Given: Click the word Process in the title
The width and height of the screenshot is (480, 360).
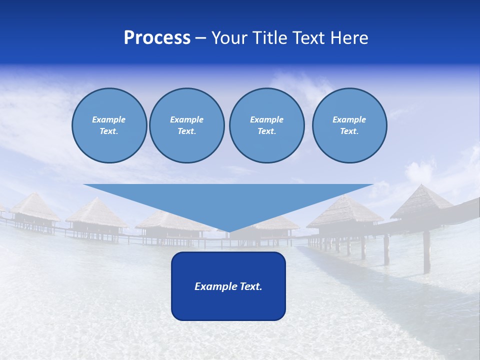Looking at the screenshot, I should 157,38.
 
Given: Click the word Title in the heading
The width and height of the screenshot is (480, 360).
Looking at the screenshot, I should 269,38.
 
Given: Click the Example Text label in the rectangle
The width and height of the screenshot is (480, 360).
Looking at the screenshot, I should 228,286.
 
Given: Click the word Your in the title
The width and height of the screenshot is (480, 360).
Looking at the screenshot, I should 229,38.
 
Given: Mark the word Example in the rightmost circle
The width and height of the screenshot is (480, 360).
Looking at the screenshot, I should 349,119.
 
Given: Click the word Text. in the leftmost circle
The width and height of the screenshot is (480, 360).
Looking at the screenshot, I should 109,131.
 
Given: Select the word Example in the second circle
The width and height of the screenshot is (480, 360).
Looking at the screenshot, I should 186,119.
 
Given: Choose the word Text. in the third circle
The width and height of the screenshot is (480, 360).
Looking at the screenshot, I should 266,131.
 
